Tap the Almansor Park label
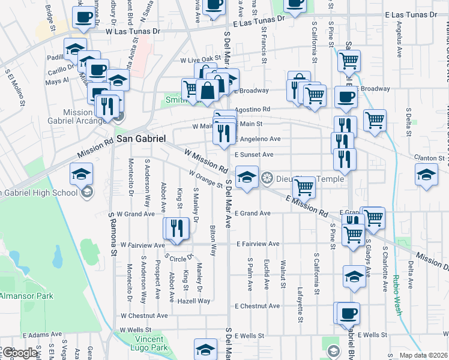pyautogui.click(x=26, y=296)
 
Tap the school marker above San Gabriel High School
pyautogui.click(x=81, y=175)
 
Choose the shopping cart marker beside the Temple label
pyautogui.click(x=304, y=187)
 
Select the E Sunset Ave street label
pyautogui.click(x=254, y=154)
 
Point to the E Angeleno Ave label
pyautogui.click(x=258, y=139)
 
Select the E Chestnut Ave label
pyautogui.click(x=258, y=306)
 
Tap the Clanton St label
pyautogui.click(x=432, y=158)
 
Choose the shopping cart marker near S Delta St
pyautogui.click(x=375, y=119)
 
